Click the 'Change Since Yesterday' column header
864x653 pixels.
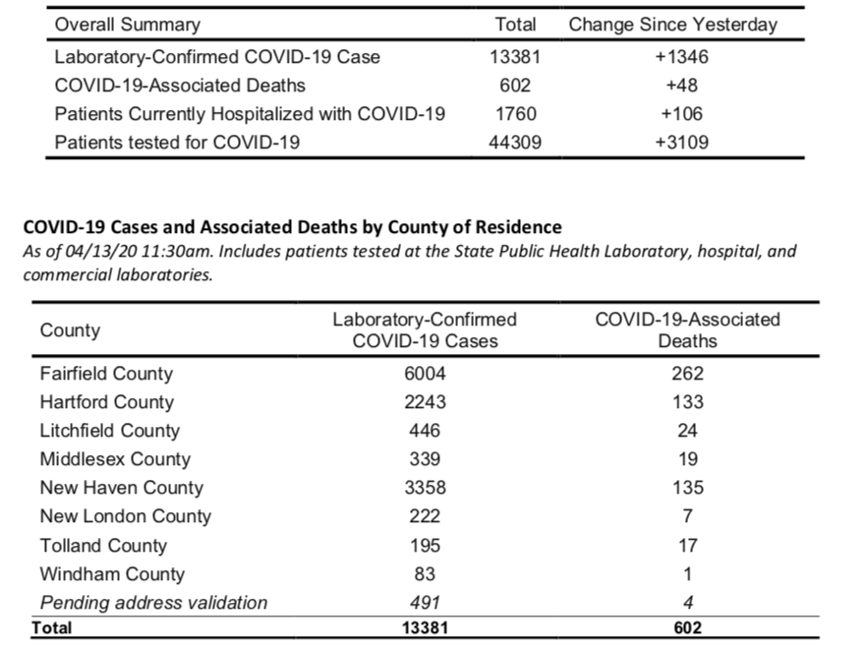click(x=672, y=25)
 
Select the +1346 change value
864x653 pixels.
click(x=681, y=57)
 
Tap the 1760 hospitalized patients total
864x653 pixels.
click(x=516, y=114)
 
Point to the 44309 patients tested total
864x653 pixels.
click(x=515, y=143)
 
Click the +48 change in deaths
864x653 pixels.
click(x=681, y=86)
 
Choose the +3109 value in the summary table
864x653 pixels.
click(x=681, y=143)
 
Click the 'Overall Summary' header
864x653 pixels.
click(x=127, y=25)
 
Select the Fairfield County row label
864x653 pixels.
click(x=106, y=374)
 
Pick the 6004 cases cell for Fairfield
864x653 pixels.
click(x=425, y=374)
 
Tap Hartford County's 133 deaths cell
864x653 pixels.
click(x=687, y=402)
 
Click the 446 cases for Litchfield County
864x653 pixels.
click(x=425, y=431)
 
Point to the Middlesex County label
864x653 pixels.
click(x=115, y=459)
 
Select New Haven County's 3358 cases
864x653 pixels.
click(x=425, y=488)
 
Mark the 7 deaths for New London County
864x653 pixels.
click(x=688, y=516)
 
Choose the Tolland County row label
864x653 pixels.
click(x=103, y=546)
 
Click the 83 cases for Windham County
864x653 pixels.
click(x=425, y=574)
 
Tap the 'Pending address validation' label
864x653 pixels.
click(x=153, y=603)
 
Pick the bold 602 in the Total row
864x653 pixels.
click(x=688, y=628)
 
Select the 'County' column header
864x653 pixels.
click(x=70, y=330)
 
